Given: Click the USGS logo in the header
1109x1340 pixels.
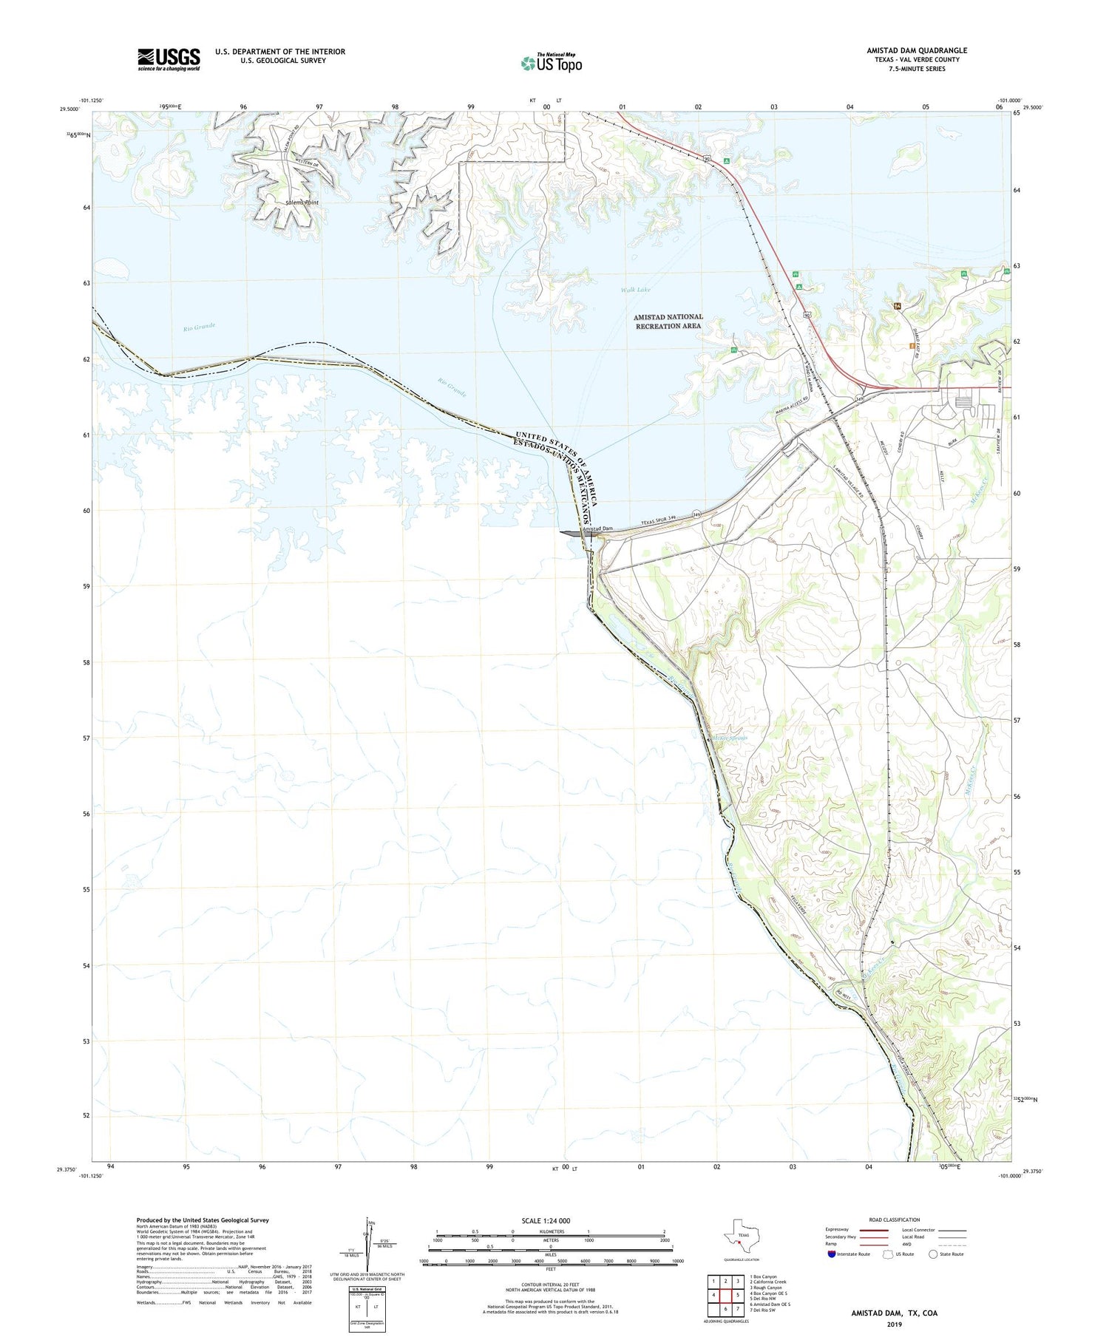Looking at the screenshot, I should tap(169, 59).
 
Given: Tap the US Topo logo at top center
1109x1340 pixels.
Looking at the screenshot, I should tap(551, 64).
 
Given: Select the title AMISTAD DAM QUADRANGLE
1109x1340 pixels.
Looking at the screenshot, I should tap(917, 50).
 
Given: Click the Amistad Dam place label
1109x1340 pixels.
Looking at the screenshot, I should tap(598, 528).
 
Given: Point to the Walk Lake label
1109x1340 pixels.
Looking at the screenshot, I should tap(636, 290).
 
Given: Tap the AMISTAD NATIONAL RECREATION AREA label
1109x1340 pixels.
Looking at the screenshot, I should tap(668, 321).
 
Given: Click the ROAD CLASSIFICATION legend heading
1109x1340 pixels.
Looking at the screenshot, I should tap(895, 1220).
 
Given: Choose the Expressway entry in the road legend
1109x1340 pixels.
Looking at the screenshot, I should tap(840, 1230).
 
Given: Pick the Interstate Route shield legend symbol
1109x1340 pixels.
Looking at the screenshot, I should tap(832, 1254).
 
